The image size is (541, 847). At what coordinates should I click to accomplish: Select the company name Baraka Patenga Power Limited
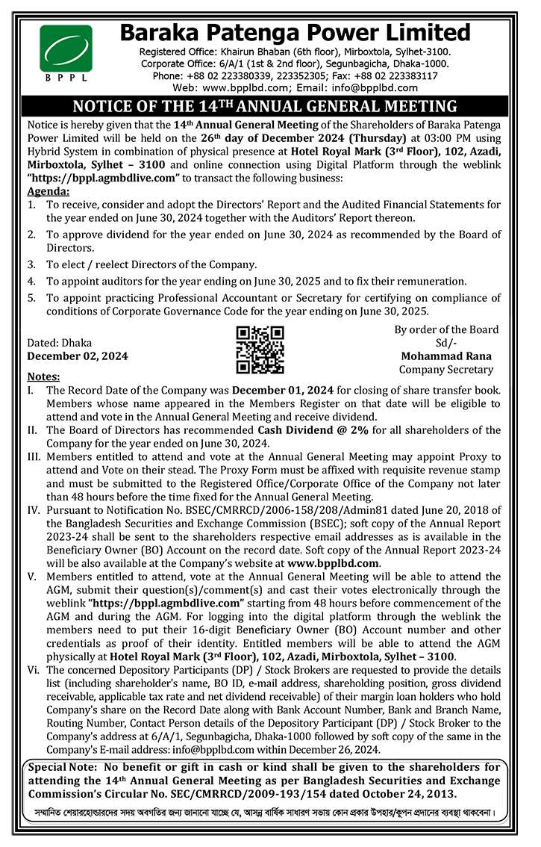pyautogui.click(x=295, y=34)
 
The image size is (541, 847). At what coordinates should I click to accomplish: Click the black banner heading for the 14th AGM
pyautogui.click(x=270, y=106)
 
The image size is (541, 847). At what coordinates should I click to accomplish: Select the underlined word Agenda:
pyautogui.click(x=48, y=190)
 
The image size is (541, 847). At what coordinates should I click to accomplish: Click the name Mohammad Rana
pyautogui.click(x=446, y=356)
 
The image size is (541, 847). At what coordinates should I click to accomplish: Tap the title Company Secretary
pyautogui.click(x=446, y=369)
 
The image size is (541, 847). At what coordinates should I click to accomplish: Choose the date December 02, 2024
pyautogui.click(x=78, y=356)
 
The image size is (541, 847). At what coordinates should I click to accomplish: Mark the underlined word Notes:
pyautogui.click(x=43, y=376)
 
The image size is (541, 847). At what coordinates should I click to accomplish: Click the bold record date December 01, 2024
pyautogui.click(x=282, y=390)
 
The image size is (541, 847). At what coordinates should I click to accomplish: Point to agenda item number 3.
pyautogui.click(x=31, y=264)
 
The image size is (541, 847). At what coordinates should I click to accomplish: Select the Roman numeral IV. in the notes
pyautogui.click(x=33, y=509)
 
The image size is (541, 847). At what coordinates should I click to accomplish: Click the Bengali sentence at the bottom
pyautogui.click(x=270, y=812)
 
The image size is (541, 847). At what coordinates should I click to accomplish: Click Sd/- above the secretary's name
pyautogui.click(x=446, y=343)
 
